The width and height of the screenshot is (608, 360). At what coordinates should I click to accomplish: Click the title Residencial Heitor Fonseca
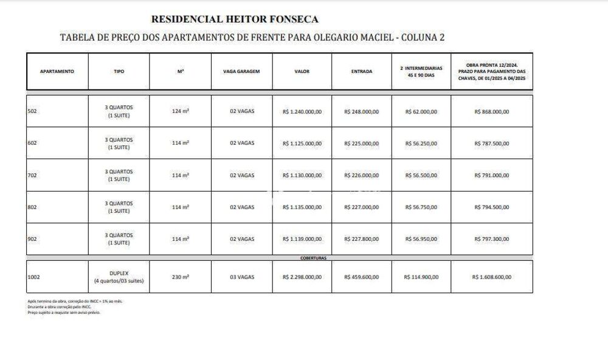[234, 19]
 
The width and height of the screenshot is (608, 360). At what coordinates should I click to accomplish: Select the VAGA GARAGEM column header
[241, 71]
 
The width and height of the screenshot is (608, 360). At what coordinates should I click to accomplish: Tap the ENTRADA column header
[362, 71]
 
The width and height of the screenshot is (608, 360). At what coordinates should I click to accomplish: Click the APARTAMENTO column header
[57, 71]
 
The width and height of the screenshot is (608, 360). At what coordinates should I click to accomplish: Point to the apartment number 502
[33, 111]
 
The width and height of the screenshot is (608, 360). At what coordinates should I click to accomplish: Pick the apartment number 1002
[34, 277]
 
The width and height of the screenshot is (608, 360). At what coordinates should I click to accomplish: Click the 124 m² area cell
[181, 111]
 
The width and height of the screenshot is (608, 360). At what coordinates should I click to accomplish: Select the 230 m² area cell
[181, 277]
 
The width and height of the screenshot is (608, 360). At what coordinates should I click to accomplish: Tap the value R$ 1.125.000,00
[302, 144]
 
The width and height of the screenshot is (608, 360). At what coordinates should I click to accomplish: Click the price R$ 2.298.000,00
[302, 277]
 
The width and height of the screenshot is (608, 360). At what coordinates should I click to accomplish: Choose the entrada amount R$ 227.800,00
[361, 239]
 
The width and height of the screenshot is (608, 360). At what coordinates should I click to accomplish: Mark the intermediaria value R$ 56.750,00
[421, 207]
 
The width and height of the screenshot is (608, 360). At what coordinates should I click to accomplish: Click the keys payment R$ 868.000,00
[492, 111]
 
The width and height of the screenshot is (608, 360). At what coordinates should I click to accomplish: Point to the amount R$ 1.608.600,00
[492, 277]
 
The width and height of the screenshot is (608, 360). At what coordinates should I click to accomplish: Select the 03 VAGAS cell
[241, 277]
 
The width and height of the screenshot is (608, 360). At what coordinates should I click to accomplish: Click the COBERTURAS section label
[314, 258]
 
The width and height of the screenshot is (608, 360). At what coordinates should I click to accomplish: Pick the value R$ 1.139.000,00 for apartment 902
[302, 239]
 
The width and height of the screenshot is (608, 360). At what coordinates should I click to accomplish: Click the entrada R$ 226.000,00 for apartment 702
[361, 175]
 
